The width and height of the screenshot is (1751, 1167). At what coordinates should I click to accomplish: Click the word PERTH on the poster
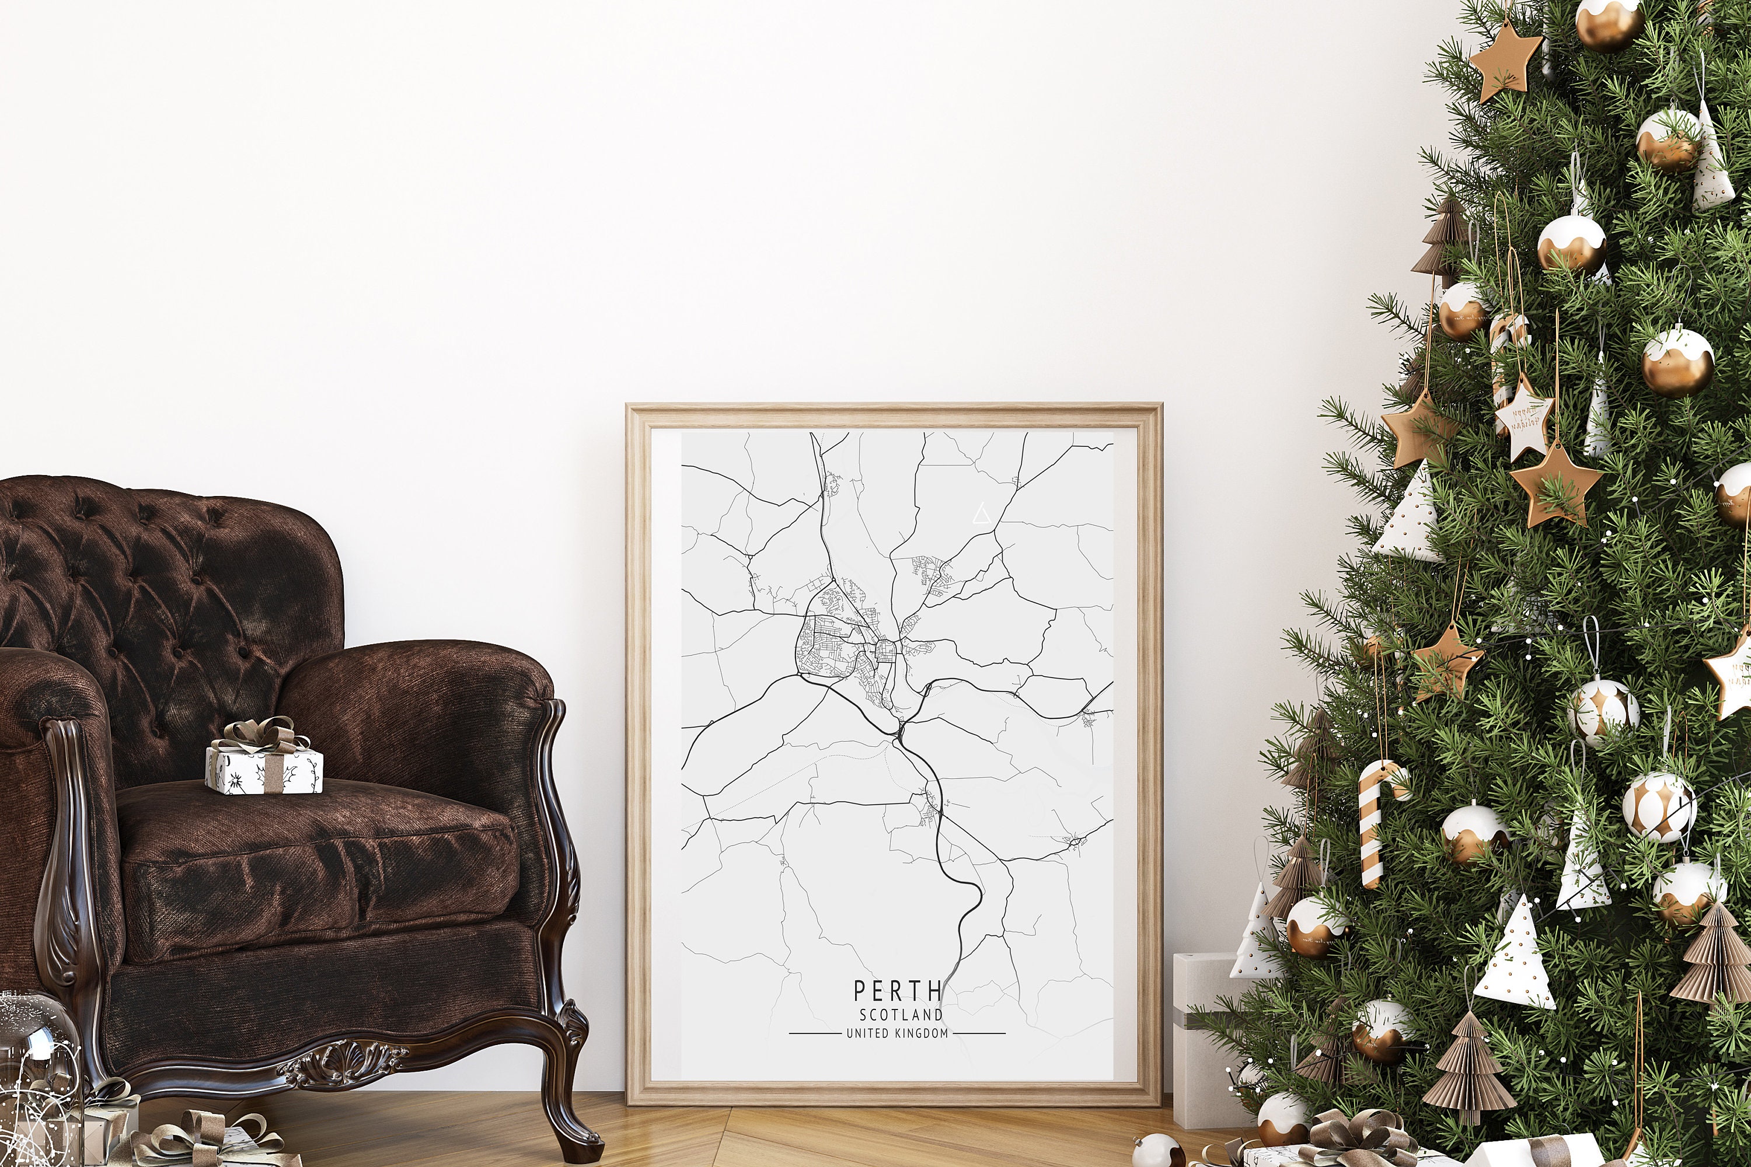(898, 991)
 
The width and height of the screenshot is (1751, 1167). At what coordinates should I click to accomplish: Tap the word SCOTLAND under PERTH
(901, 1015)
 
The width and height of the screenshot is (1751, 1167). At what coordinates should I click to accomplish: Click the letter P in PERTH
(860, 991)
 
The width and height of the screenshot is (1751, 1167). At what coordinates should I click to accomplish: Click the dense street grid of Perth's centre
(886, 651)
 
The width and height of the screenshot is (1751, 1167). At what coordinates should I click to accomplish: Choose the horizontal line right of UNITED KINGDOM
(979, 1033)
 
